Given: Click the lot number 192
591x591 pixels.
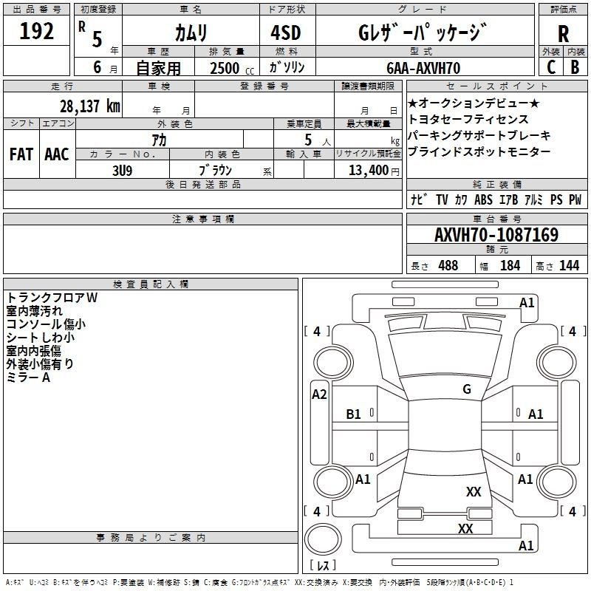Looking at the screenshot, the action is [x=36, y=31].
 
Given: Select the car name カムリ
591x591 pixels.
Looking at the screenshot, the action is [x=191, y=33].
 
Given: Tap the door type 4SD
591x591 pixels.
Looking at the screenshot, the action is [x=286, y=33].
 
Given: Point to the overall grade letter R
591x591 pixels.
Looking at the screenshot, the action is [x=563, y=34].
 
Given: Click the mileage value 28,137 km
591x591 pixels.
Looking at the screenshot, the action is [x=90, y=106].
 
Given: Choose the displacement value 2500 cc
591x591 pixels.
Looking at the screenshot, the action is [x=232, y=68].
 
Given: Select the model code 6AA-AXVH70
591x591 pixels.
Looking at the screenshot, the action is [x=423, y=68].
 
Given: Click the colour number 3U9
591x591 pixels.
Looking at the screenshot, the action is [x=123, y=171].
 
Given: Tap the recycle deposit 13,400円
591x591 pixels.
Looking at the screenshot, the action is [x=374, y=171].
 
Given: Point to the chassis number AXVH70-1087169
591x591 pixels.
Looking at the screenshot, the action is [x=496, y=235].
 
